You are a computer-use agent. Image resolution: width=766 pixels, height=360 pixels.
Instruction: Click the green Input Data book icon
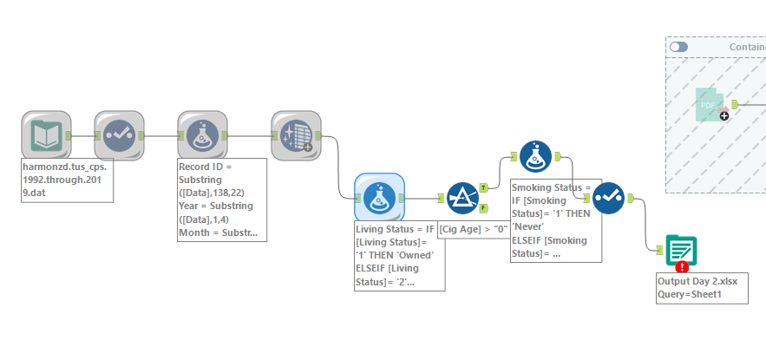(45, 135)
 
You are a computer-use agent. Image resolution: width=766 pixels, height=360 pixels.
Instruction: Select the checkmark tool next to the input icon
(118, 135)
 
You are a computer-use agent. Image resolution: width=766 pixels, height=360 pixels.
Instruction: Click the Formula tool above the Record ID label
(201, 135)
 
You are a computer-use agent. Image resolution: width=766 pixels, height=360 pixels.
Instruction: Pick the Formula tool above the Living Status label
(379, 199)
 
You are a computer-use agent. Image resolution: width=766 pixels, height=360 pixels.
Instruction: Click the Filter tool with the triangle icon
(462, 199)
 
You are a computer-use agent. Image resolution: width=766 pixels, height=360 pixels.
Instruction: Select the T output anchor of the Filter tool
(483, 187)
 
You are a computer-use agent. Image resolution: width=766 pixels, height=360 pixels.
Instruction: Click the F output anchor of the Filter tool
(483, 207)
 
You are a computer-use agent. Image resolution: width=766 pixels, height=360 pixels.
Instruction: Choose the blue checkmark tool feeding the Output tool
(609, 199)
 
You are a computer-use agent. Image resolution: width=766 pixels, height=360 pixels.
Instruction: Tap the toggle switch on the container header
(678, 46)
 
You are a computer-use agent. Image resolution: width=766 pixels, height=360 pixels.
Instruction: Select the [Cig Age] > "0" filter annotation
(473, 229)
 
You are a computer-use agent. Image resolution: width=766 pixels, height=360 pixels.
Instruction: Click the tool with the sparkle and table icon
(295, 135)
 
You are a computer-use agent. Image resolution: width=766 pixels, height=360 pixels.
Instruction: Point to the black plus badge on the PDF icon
(724, 115)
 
